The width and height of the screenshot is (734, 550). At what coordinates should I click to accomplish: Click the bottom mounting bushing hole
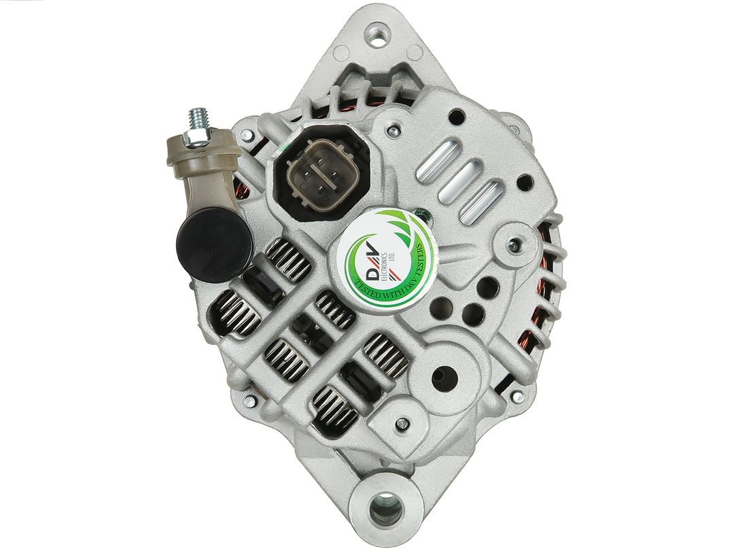[386, 507]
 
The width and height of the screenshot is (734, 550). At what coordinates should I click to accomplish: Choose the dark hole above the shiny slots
[457, 115]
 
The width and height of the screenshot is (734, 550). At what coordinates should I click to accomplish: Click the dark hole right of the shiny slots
[524, 182]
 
